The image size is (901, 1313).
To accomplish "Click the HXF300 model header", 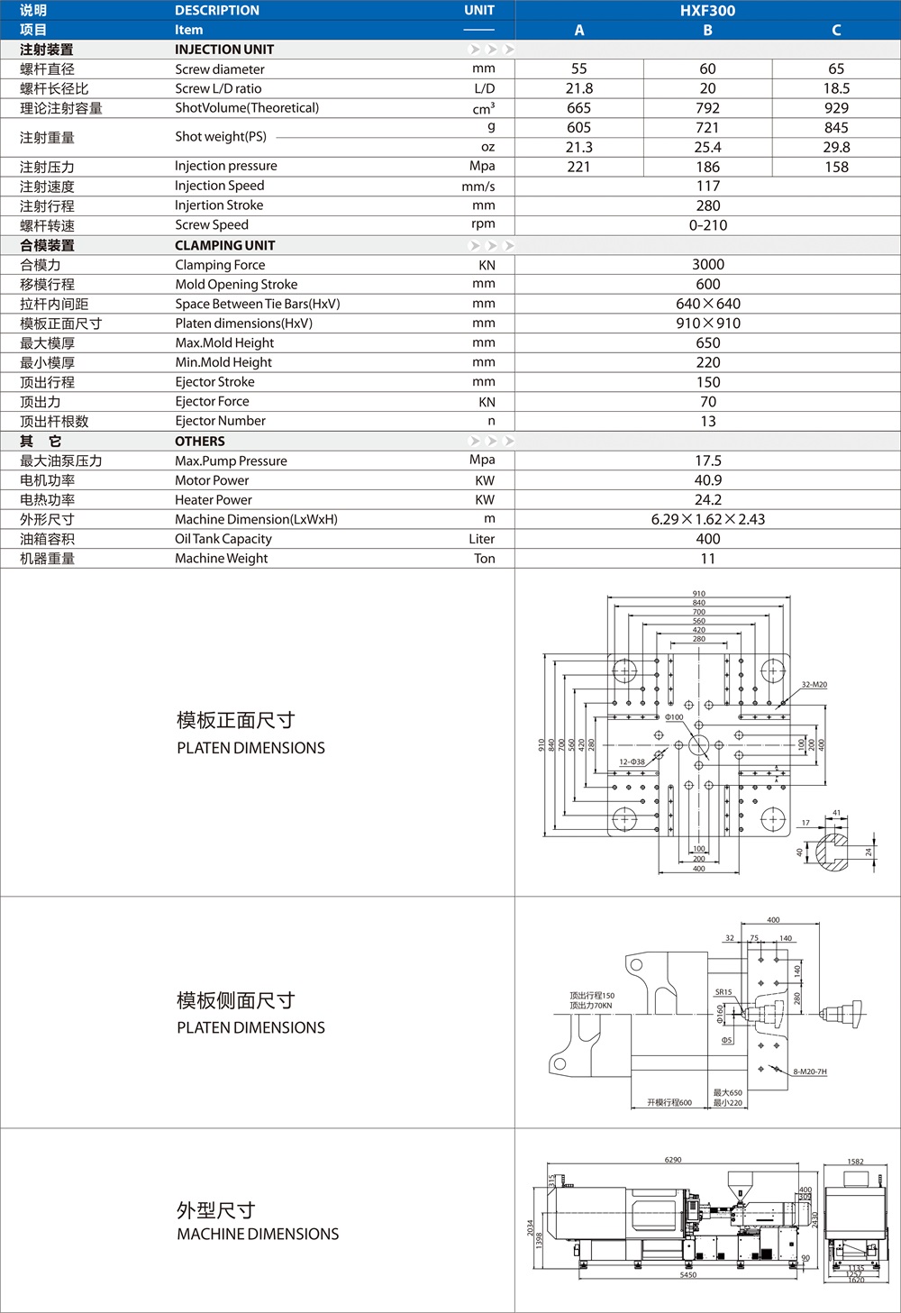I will tap(707, 11).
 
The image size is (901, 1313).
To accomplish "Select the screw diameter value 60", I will tap(707, 69).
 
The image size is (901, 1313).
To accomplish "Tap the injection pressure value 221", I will tap(578, 167).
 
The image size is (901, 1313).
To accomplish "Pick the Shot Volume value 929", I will tap(836, 108).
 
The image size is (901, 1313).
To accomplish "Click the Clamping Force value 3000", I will tap(707, 265).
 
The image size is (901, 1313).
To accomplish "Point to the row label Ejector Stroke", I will tap(214, 382).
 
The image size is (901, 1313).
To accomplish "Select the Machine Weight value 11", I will tap(707, 559).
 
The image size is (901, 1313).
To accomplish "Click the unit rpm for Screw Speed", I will tap(483, 224).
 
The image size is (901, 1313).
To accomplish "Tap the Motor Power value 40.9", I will tap(707, 480).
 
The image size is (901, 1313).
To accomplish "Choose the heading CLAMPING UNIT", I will tap(224, 245).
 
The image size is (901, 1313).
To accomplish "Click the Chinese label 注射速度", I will tap(47, 187).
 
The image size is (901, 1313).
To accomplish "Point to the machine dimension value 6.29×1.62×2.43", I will tap(707, 519).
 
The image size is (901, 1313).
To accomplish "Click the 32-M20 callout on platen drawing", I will tap(814, 685).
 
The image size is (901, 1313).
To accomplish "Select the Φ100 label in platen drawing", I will tap(674, 717).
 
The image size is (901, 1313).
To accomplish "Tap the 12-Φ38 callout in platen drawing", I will tap(632, 762).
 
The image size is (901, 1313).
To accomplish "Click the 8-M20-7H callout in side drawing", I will tap(809, 1071).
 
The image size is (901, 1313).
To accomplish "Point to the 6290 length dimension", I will tap(673, 1160).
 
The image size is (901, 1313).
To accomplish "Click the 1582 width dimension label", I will tap(855, 1162).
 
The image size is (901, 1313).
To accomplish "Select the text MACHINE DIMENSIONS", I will tap(258, 1235).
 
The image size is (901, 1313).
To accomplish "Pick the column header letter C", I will tap(836, 31).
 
